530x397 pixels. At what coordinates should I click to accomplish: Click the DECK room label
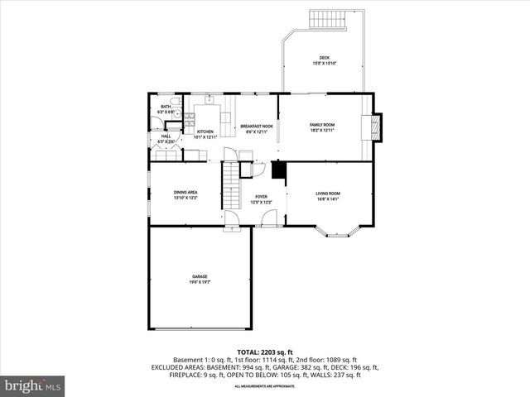coord(324,58)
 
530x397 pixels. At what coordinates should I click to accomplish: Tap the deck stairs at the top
coord(327,19)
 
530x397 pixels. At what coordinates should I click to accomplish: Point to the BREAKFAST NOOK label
coord(257,127)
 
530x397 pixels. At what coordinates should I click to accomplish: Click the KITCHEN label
coord(205,132)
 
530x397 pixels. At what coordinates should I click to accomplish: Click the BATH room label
coord(166,107)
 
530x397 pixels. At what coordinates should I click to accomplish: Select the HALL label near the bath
coord(166,136)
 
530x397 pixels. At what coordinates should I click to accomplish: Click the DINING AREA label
coord(185,193)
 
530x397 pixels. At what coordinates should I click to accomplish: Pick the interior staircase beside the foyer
coord(229,186)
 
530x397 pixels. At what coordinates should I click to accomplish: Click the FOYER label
coord(261,197)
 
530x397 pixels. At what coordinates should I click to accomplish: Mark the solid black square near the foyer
coord(279,170)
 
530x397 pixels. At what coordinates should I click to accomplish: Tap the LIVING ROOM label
coord(329,194)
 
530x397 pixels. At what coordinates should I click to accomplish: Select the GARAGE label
coord(200,276)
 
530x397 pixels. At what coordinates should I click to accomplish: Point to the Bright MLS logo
coord(33,385)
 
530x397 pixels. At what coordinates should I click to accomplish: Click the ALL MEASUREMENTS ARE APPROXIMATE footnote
coord(264,386)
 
